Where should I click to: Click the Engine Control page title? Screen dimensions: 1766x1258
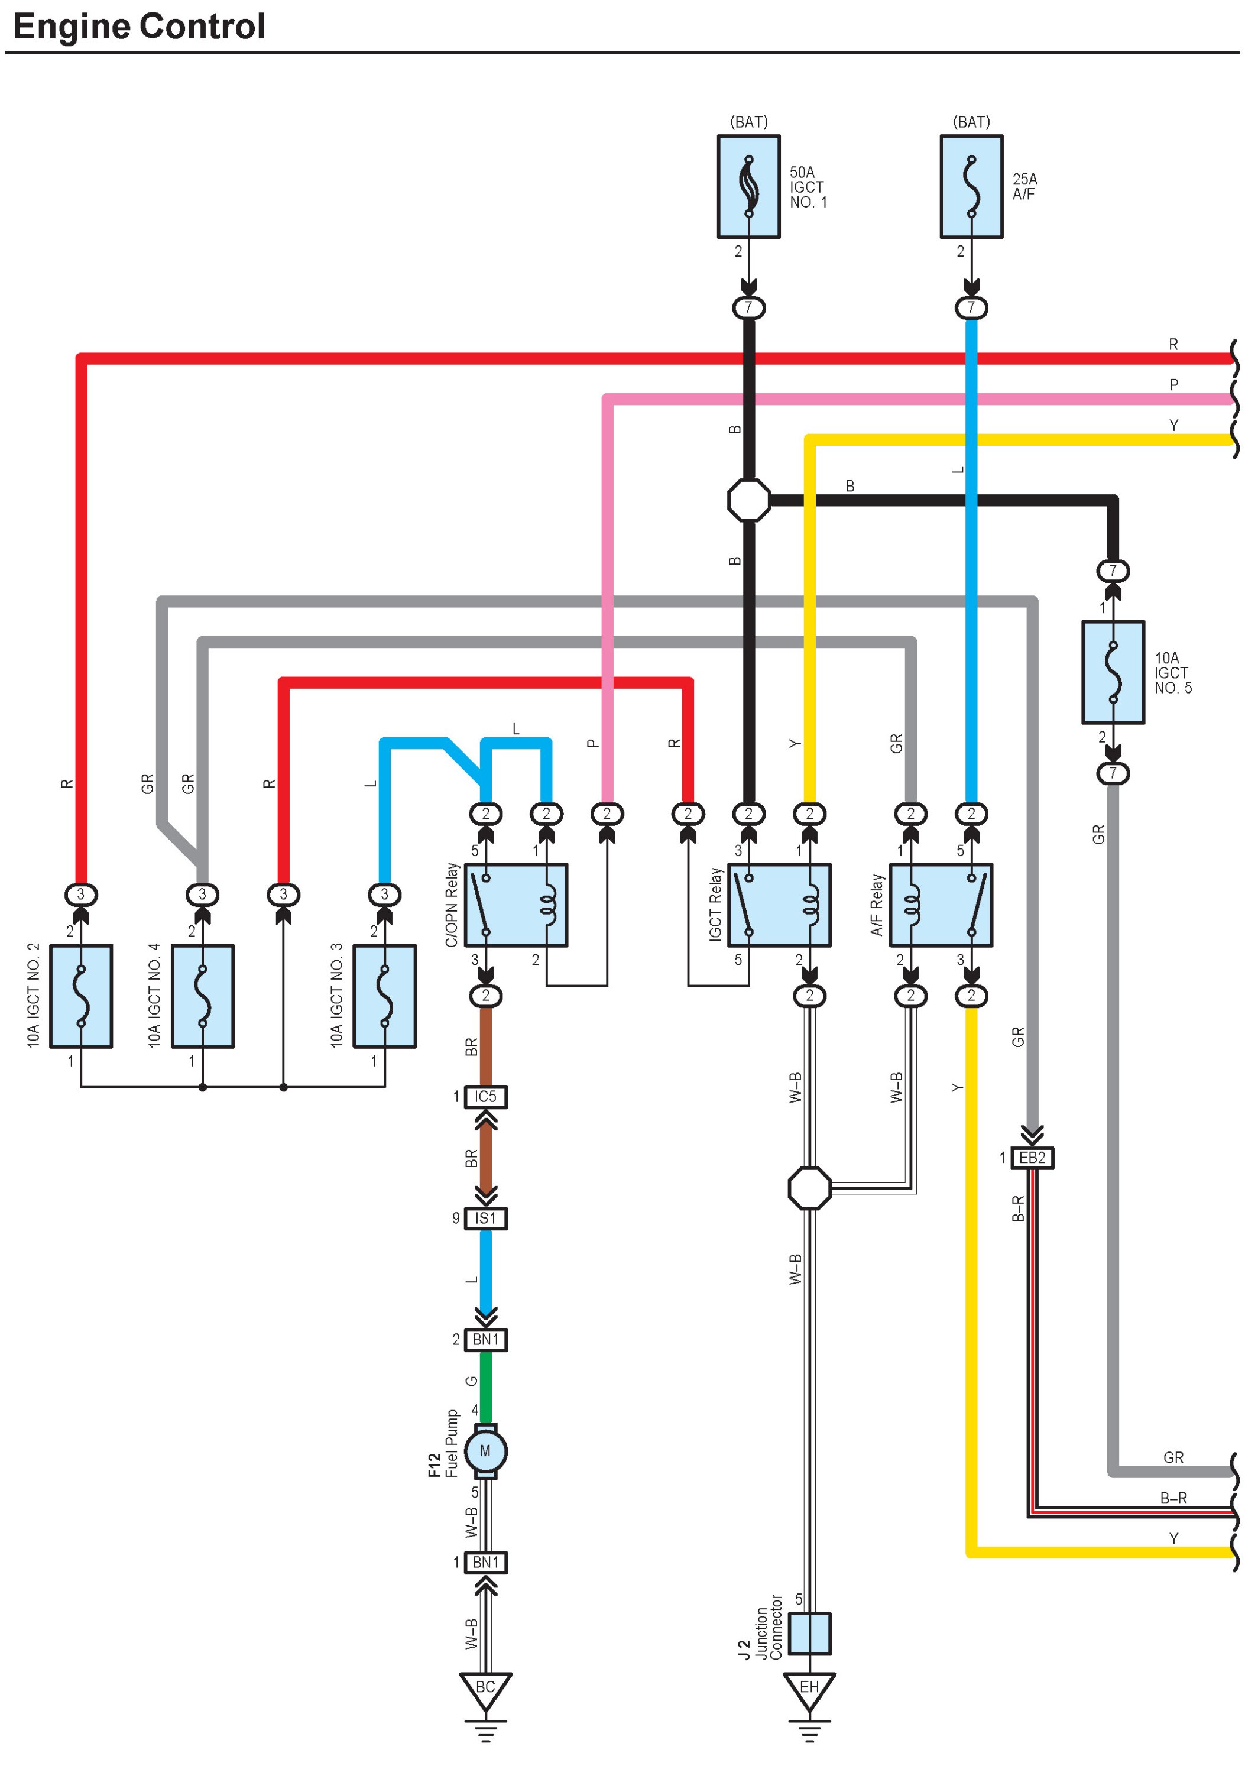(x=140, y=27)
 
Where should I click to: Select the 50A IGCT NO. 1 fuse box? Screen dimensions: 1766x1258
(x=748, y=187)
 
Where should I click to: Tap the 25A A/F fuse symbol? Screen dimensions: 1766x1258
(x=971, y=187)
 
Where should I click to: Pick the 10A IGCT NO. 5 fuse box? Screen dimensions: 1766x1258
(x=1113, y=672)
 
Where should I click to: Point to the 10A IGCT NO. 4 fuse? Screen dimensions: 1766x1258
(x=202, y=996)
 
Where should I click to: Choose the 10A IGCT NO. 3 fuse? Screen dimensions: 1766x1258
(x=384, y=996)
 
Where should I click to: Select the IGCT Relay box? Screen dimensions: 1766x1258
(x=779, y=905)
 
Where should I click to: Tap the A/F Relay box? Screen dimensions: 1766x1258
(x=941, y=905)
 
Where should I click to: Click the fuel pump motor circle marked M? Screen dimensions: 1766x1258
(x=486, y=1451)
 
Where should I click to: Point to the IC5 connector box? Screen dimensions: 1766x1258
(x=486, y=1097)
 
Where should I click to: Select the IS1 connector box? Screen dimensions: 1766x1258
(x=486, y=1219)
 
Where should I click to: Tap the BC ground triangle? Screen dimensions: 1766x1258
(x=486, y=1689)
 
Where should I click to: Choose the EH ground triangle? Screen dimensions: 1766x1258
(x=809, y=1689)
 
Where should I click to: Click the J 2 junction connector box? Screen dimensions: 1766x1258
(x=809, y=1633)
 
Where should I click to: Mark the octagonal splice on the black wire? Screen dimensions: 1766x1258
(x=749, y=500)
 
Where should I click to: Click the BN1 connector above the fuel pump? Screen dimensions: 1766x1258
(x=486, y=1339)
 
